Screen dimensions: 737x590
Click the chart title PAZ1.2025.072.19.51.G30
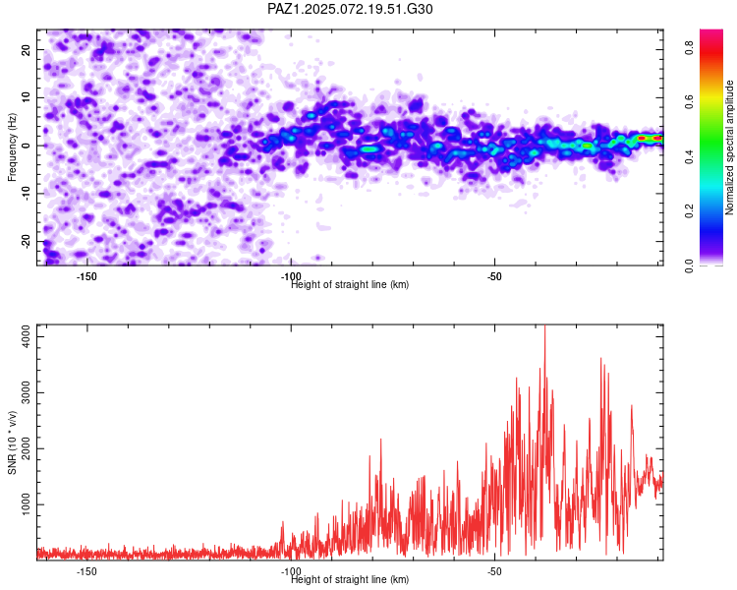350,9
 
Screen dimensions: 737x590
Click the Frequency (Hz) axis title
12,147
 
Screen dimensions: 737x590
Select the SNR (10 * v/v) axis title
12,442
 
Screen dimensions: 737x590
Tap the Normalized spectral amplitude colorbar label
729,147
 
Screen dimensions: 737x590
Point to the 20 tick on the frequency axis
27,49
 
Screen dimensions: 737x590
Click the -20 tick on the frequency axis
27,242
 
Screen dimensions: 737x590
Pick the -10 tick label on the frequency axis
27,194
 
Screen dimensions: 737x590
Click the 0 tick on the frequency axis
27,146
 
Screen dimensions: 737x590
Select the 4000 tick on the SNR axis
27,337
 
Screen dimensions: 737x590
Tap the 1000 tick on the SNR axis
27,504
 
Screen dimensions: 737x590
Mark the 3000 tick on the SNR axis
27,392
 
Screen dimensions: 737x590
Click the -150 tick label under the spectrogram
86,276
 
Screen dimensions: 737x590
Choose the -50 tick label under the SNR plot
494,571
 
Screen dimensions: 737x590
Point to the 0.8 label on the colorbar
690,47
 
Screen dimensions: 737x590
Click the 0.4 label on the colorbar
690,157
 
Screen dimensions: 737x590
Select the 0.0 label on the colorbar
690,265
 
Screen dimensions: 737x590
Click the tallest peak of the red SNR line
544,325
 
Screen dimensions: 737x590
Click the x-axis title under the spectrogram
350,284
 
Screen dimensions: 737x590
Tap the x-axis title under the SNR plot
350,579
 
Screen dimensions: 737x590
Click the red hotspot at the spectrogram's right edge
651,138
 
